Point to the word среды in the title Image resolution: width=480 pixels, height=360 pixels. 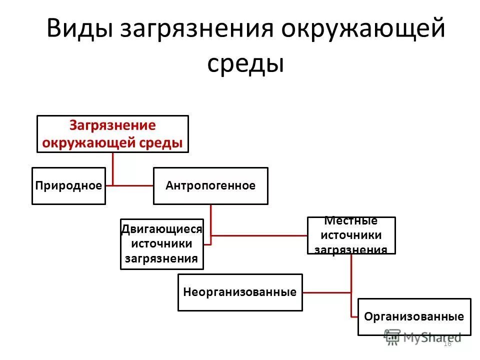point(245,64)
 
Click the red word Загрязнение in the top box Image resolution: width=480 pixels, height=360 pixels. point(112,125)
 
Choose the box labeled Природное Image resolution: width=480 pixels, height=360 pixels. point(69,186)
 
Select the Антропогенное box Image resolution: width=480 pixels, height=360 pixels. point(210,186)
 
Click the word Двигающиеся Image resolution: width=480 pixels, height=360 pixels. point(162,229)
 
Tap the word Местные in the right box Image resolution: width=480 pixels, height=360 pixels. point(351,221)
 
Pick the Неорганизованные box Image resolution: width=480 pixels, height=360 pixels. point(240,292)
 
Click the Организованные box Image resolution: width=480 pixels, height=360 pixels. point(414,317)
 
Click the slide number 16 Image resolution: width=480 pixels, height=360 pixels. point(447,343)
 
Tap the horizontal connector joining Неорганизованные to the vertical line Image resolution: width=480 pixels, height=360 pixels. point(327,292)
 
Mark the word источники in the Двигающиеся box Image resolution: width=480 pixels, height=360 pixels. point(162,244)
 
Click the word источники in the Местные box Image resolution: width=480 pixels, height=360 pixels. point(351,235)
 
